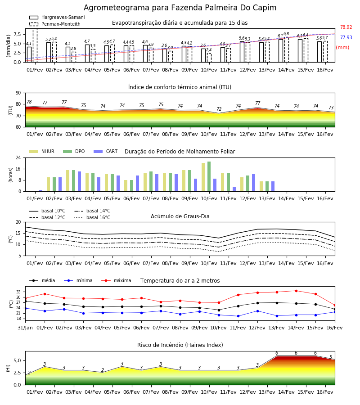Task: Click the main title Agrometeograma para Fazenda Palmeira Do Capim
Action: click(x=180, y=8)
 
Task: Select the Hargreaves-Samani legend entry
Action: click(x=57, y=17)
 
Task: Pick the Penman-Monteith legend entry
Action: click(x=55, y=24)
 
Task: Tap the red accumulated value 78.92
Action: click(x=346, y=27)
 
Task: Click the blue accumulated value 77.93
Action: click(x=346, y=37)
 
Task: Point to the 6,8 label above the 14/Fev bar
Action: click(x=286, y=34)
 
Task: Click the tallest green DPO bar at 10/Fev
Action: click(x=209, y=176)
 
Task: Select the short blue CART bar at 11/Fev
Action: click(x=234, y=189)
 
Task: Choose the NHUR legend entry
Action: click(x=42, y=151)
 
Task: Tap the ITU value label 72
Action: click(x=219, y=109)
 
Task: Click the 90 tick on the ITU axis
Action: click(x=18, y=93)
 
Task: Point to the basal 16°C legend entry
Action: click(x=92, y=217)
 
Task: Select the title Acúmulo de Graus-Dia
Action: click(x=180, y=216)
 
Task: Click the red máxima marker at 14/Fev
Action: click(x=296, y=291)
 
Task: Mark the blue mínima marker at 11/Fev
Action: click(x=238, y=316)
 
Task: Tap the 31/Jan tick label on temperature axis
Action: click(x=25, y=328)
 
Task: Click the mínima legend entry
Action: click(x=78, y=280)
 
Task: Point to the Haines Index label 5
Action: click(x=331, y=357)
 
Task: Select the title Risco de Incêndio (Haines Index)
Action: click(x=180, y=345)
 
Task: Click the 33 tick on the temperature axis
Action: click(x=18, y=292)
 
